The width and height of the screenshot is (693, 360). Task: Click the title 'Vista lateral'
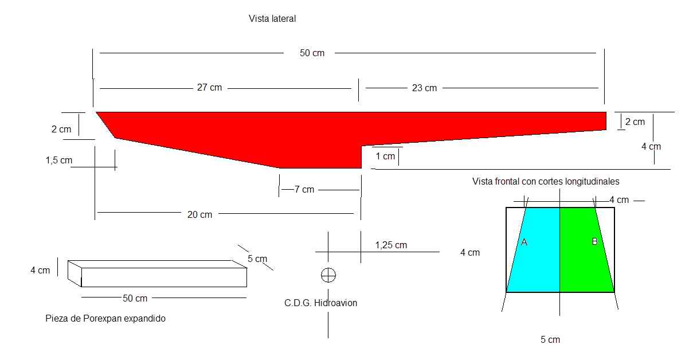point(272,19)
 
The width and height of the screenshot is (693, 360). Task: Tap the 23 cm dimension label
point(424,88)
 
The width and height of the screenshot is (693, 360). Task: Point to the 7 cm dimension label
point(304,190)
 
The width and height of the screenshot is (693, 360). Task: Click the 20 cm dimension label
point(199,214)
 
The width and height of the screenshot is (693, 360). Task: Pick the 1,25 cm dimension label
point(391,245)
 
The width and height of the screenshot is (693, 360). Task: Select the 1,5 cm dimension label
point(58,161)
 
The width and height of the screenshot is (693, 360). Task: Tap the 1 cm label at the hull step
point(385,156)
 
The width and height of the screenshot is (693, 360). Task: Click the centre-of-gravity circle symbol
point(328,275)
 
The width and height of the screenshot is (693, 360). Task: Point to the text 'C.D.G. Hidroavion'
point(320,303)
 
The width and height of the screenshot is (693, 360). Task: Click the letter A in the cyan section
point(523,242)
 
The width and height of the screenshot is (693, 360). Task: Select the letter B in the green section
point(594,242)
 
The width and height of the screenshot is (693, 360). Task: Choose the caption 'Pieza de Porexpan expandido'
point(105,318)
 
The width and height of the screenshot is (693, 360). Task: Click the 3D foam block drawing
point(158,273)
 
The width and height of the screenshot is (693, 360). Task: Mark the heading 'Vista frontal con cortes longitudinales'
point(546,181)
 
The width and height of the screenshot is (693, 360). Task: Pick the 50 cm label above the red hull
point(312,53)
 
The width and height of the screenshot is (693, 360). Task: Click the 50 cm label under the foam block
point(135,298)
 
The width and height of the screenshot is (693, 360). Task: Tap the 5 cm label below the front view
point(550,340)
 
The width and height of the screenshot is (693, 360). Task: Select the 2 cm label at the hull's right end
point(635,122)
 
